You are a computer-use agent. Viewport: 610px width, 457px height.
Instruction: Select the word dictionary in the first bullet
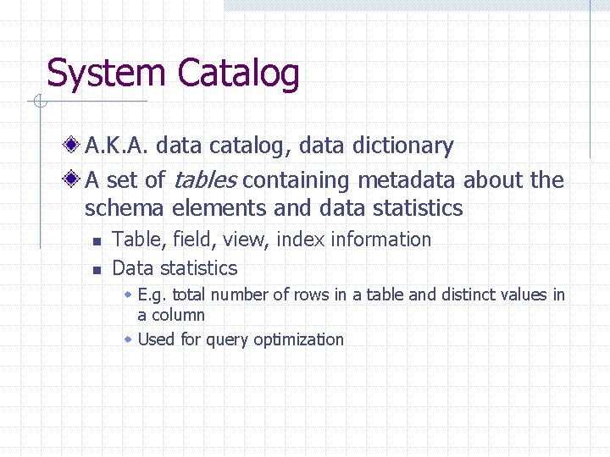click(x=402, y=146)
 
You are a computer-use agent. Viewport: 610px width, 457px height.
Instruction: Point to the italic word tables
click(x=206, y=180)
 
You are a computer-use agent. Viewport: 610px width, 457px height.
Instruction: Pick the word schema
click(x=125, y=208)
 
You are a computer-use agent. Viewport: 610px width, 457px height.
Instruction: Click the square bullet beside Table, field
click(x=97, y=242)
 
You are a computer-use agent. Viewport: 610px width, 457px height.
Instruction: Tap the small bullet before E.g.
click(x=128, y=295)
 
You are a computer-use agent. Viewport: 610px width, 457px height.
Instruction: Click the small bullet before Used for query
click(x=128, y=339)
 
